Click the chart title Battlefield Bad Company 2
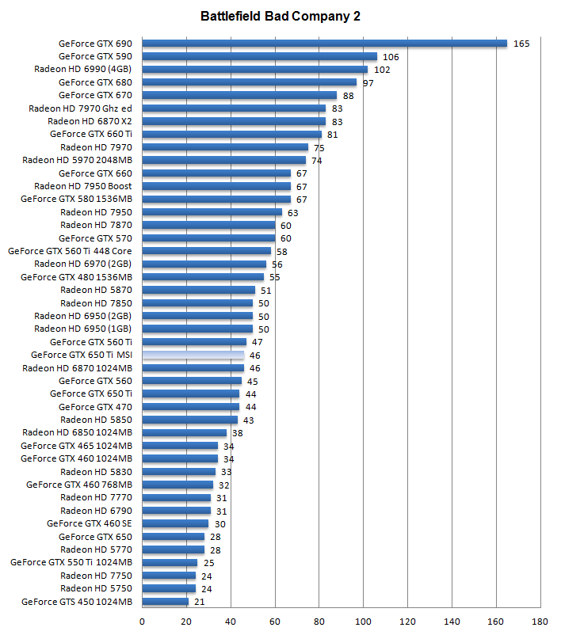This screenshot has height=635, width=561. (x=280, y=16)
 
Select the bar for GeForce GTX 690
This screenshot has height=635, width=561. (x=324, y=44)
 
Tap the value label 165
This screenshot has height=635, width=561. (x=521, y=44)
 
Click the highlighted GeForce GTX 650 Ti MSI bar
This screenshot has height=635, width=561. (x=193, y=355)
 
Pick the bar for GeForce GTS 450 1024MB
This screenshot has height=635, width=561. (x=166, y=602)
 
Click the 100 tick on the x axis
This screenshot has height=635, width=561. (x=364, y=622)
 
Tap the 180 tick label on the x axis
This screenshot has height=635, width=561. (x=541, y=622)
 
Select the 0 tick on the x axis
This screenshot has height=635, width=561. (x=143, y=622)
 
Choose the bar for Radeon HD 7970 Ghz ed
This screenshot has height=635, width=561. (x=234, y=108)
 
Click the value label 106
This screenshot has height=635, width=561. (x=391, y=57)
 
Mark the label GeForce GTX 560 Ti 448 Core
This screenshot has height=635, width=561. (x=70, y=251)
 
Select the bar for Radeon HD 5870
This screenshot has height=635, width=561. (x=199, y=290)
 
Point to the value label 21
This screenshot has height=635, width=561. (x=199, y=602)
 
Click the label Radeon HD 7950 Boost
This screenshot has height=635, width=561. (x=83, y=186)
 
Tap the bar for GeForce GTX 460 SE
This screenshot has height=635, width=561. (x=175, y=523)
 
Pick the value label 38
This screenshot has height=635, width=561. (x=237, y=433)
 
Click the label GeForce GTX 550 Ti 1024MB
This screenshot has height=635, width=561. (x=71, y=562)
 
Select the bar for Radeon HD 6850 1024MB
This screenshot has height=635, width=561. (x=185, y=432)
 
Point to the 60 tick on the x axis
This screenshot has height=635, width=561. (x=275, y=622)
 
